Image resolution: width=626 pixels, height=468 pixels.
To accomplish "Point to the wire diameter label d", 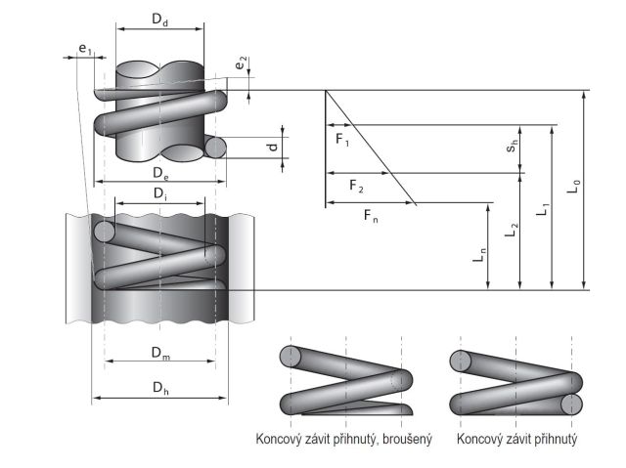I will tap(273, 147).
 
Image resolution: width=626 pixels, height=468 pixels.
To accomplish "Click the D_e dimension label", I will tap(160, 172).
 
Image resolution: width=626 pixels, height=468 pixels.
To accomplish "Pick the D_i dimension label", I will tap(159, 193).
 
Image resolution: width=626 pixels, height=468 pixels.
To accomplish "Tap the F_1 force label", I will tap(342, 140).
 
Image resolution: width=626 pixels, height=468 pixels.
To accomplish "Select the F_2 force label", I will tap(355, 187).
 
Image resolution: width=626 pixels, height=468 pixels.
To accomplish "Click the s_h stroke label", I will tap(511, 149).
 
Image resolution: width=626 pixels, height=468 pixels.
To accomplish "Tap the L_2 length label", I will tap(511, 231).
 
